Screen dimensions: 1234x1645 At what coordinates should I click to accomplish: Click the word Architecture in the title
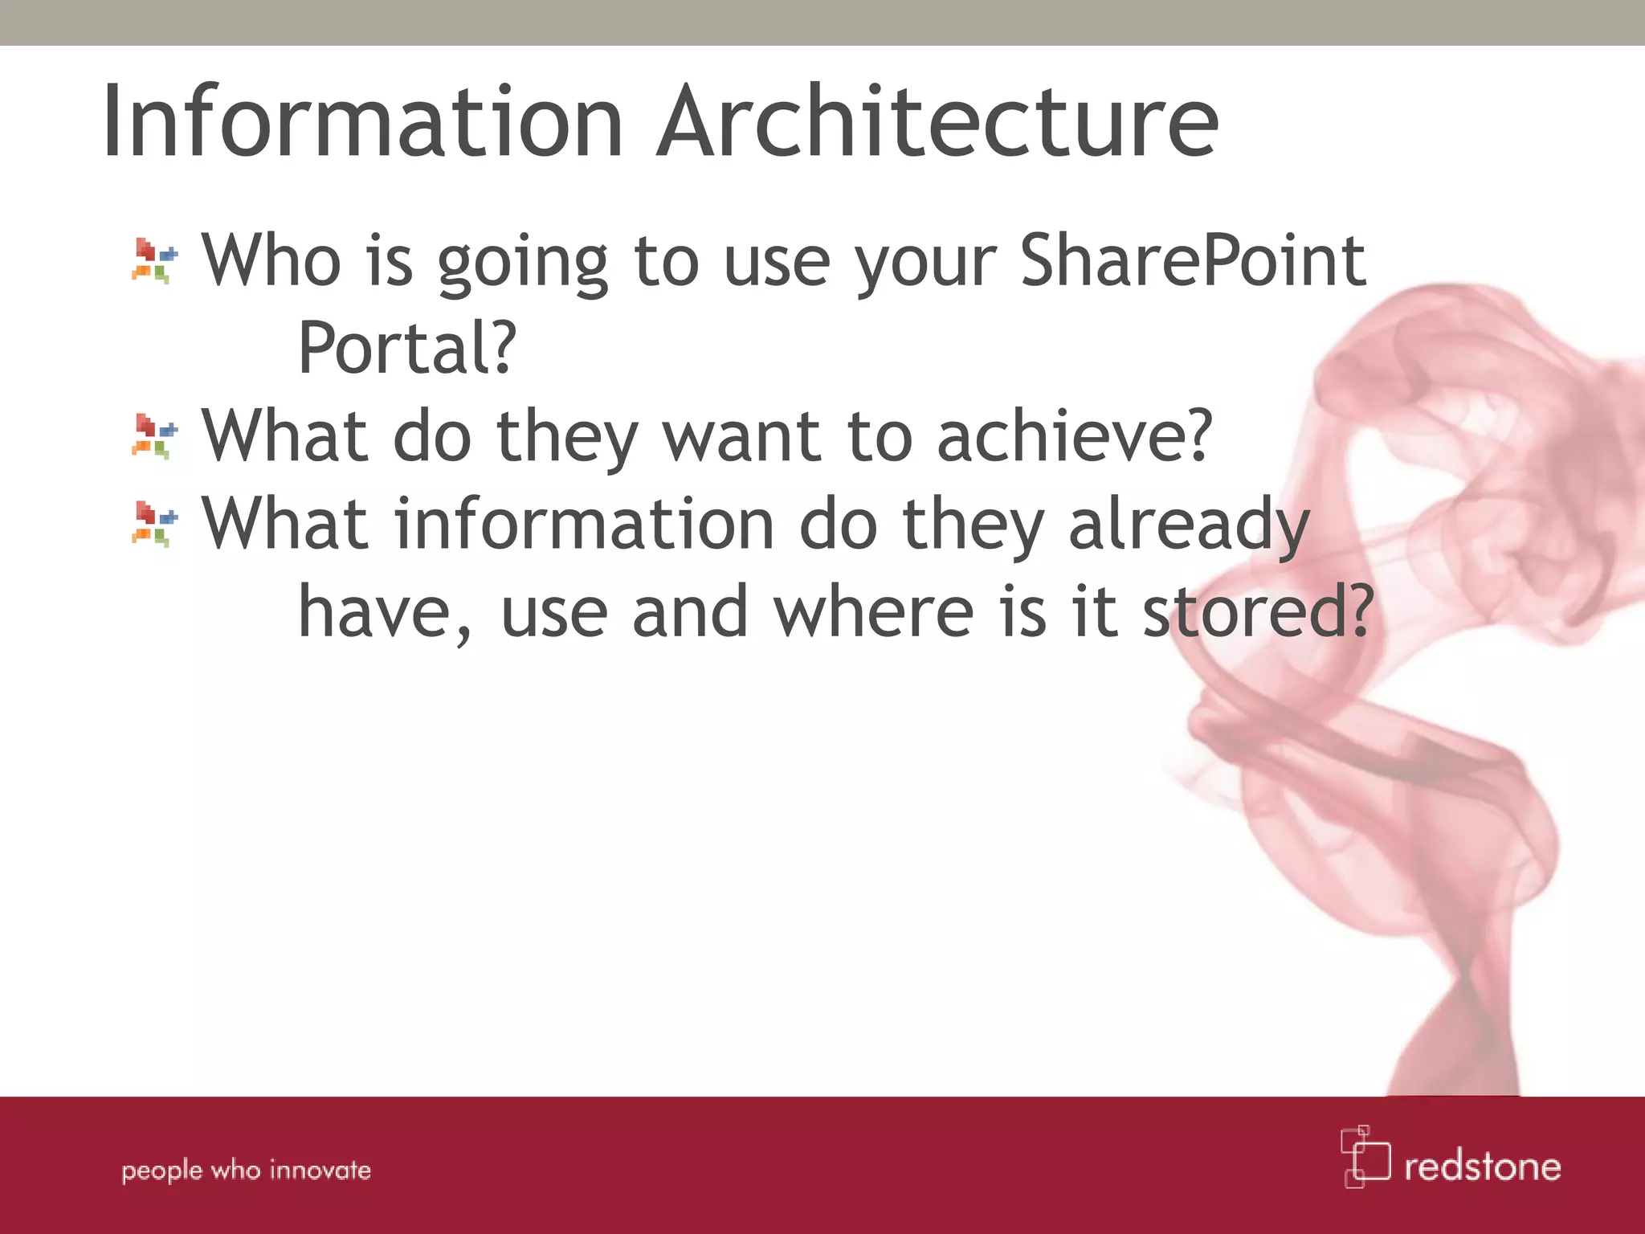coord(937,122)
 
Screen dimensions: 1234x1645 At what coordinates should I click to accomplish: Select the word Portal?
coord(406,349)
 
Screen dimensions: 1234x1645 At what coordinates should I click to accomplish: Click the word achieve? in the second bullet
coord(1074,436)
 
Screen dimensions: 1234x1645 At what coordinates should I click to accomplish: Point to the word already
coord(1189,525)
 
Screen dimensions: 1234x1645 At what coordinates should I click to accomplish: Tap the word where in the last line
coord(873,612)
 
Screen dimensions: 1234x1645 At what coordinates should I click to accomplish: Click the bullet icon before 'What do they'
coord(154,436)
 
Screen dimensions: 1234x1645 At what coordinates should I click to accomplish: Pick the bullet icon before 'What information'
coord(154,524)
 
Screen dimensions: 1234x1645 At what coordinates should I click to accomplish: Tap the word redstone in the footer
coord(1482,1167)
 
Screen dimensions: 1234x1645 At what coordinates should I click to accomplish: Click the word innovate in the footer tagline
coord(320,1170)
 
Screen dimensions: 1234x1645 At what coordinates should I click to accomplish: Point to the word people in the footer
coord(161,1171)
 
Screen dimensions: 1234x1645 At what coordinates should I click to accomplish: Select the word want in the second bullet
coord(741,436)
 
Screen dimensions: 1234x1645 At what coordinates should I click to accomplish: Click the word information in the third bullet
coord(584,524)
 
